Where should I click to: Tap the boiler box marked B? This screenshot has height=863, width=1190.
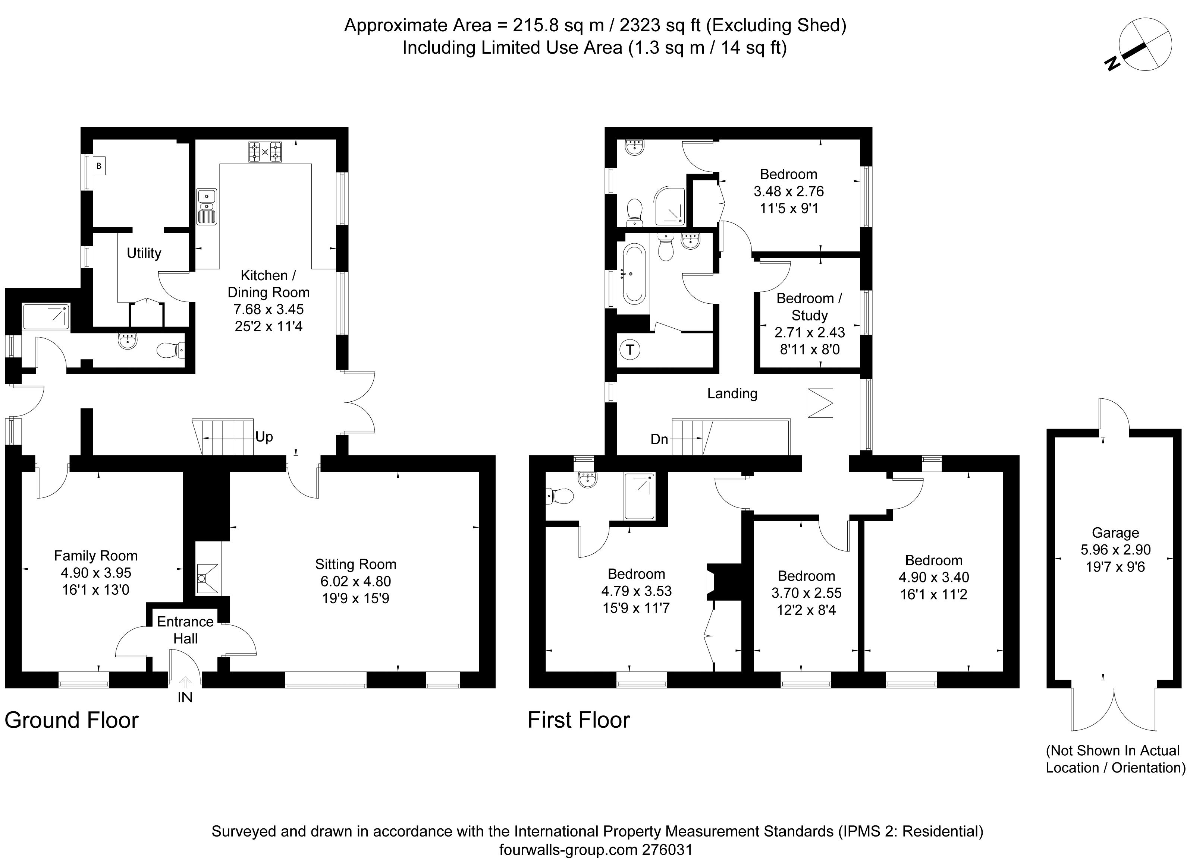tap(99, 167)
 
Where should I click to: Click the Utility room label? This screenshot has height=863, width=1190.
tap(144, 253)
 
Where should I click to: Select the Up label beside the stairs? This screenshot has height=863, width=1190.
tap(264, 437)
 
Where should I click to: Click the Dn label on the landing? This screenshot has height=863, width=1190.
tap(659, 439)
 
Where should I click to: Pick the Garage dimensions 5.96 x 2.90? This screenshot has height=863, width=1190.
tap(1115, 550)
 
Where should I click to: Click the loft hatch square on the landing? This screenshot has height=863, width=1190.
tap(820, 403)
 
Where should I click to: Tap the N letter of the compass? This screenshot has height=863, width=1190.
tap(1111, 79)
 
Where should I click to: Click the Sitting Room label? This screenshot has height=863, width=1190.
tap(355, 564)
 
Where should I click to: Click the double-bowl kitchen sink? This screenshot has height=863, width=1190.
tap(206, 206)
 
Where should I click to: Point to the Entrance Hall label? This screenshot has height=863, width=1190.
tap(185, 630)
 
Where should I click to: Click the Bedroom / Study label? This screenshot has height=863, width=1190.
tap(809, 307)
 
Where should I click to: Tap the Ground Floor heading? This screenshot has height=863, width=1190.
tap(71, 720)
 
